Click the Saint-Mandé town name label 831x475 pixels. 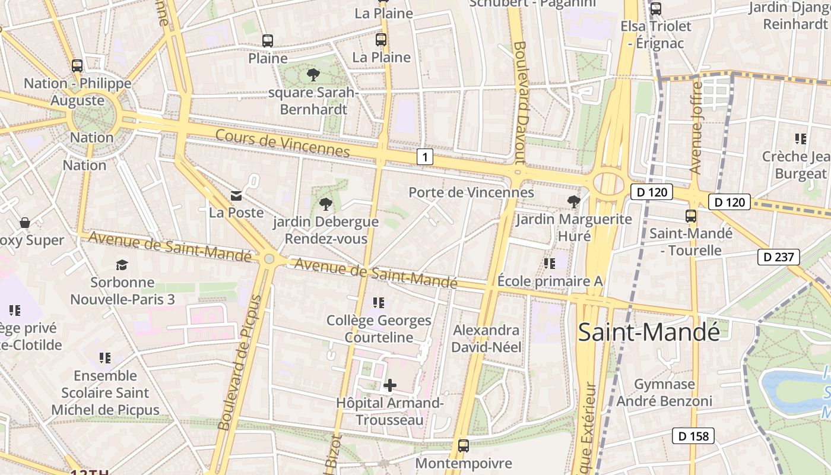click(x=649, y=332)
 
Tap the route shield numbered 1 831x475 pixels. click(x=424, y=157)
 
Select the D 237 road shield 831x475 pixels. click(x=779, y=257)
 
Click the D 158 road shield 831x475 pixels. click(x=693, y=436)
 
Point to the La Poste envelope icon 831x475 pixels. click(x=236, y=195)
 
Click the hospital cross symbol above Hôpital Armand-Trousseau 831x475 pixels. click(x=389, y=386)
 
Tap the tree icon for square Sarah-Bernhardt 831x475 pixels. click(x=313, y=75)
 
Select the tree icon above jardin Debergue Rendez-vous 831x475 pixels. click(x=325, y=205)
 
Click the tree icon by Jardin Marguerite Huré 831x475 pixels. click(x=573, y=202)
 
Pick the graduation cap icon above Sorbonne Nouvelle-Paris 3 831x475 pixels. click(x=122, y=265)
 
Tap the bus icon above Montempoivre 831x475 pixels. click(x=464, y=445)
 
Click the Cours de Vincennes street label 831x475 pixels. click(x=282, y=142)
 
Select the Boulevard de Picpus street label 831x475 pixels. click(x=233, y=362)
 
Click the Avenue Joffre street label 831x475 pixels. click(x=696, y=128)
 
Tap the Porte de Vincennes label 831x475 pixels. click(x=471, y=192)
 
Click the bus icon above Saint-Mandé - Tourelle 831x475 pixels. click(x=691, y=216)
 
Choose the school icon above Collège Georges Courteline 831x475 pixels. click(x=378, y=303)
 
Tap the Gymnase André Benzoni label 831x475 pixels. click(x=664, y=392)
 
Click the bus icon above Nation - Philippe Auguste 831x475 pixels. click(x=77, y=66)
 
